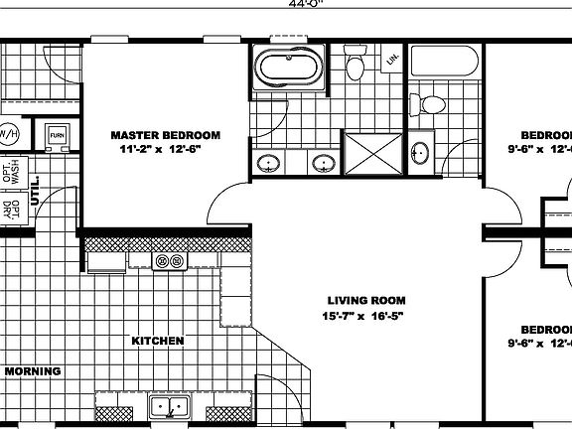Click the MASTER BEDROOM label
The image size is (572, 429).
[x=165, y=135]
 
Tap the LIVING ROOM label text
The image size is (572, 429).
[x=365, y=300]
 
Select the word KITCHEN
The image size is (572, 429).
[x=158, y=341]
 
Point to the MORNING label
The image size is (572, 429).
[x=32, y=371]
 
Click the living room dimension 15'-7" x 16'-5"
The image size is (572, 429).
[x=365, y=316]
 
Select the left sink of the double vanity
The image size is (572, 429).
[x=267, y=163]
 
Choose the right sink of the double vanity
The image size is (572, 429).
[x=322, y=163]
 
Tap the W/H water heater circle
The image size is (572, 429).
[x=8, y=133]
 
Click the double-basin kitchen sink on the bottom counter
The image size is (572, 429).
[x=168, y=407]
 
